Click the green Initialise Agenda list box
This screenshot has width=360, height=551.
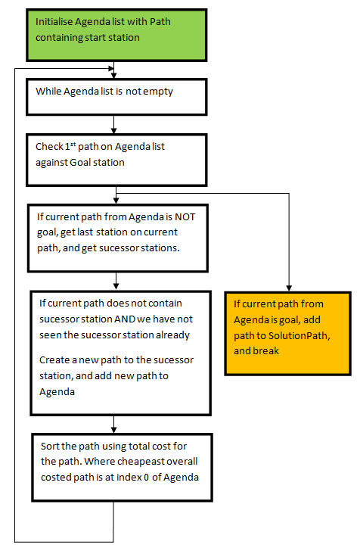(116, 36)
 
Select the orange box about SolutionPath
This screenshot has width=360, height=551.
(287, 333)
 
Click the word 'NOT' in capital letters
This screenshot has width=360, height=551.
(185, 216)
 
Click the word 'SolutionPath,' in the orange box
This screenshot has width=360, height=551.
(299, 335)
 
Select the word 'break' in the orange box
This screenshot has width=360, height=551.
(266, 350)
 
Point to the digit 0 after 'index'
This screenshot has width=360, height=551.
(146, 477)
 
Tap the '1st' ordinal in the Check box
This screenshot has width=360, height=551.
(70, 146)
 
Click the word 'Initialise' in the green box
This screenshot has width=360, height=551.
(54, 22)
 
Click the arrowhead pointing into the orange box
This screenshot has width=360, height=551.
(289, 288)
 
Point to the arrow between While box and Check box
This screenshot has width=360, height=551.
(113, 124)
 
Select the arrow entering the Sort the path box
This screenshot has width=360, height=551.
(113, 425)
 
